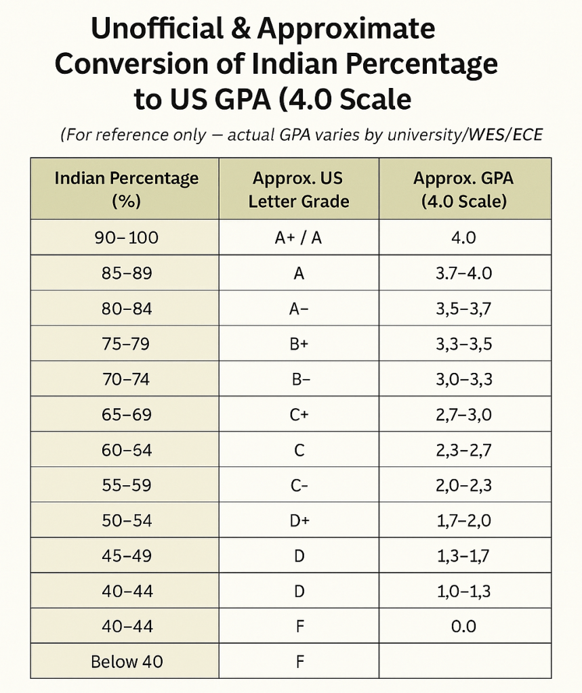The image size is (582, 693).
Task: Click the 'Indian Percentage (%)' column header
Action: [x=126, y=189]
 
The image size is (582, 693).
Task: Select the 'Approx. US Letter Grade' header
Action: [x=298, y=189]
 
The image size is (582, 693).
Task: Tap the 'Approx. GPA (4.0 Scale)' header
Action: [x=463, y=189]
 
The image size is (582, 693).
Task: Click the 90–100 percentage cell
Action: [x=126, y=238]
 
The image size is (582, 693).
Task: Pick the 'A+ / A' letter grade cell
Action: [x=298, y=238]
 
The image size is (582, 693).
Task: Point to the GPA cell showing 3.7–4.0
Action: [x=463, y=273]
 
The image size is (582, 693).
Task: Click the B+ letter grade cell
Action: [x=299, y=344]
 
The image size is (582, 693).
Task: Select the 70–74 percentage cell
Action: [x=126, y=380]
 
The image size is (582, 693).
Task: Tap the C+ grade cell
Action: [x=299, y=415]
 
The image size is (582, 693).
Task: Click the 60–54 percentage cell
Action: [x=126, y=450]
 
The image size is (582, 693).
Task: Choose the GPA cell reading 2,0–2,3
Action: [x=463, y=485]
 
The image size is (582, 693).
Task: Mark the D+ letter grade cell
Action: [x=299, y=520]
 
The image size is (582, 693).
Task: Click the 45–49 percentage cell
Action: [x=126, y=556]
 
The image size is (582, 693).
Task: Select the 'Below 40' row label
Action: [x=127, y=661]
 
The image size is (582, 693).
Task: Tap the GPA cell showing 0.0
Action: [x=463, y=626]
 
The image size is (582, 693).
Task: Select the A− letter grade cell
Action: [x=299, y=309]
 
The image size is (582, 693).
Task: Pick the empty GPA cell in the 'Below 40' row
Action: [x=463, y=661]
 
